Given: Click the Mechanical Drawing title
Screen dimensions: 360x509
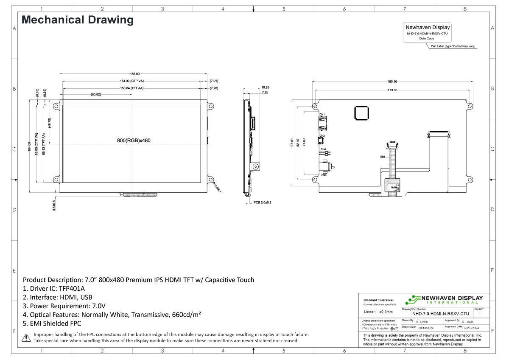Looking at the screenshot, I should [x=78, y=20].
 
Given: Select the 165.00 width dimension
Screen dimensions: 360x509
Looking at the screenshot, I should [x=135, y=74].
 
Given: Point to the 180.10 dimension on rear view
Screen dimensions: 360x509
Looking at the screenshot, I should [x=392, y=82].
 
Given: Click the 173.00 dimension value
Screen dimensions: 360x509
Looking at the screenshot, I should [x=392, y=90].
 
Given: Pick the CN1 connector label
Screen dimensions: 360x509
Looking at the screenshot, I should [x=322, y=115].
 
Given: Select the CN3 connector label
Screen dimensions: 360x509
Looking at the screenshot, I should [x=324, y=175].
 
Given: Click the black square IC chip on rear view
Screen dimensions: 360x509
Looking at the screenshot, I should [x=362, y=113].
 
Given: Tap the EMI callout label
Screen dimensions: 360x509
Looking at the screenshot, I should [x=383, y=157].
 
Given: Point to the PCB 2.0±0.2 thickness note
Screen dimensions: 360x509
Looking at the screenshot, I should [x=263, y=202].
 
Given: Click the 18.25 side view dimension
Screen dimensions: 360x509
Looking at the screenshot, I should [x=265, y=87].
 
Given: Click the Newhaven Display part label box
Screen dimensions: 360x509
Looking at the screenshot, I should [x=428, y=33].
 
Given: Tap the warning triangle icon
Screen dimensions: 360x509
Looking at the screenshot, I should [x=26, y=338].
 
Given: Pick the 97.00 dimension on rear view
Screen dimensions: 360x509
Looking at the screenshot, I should [x=292, y=143].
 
